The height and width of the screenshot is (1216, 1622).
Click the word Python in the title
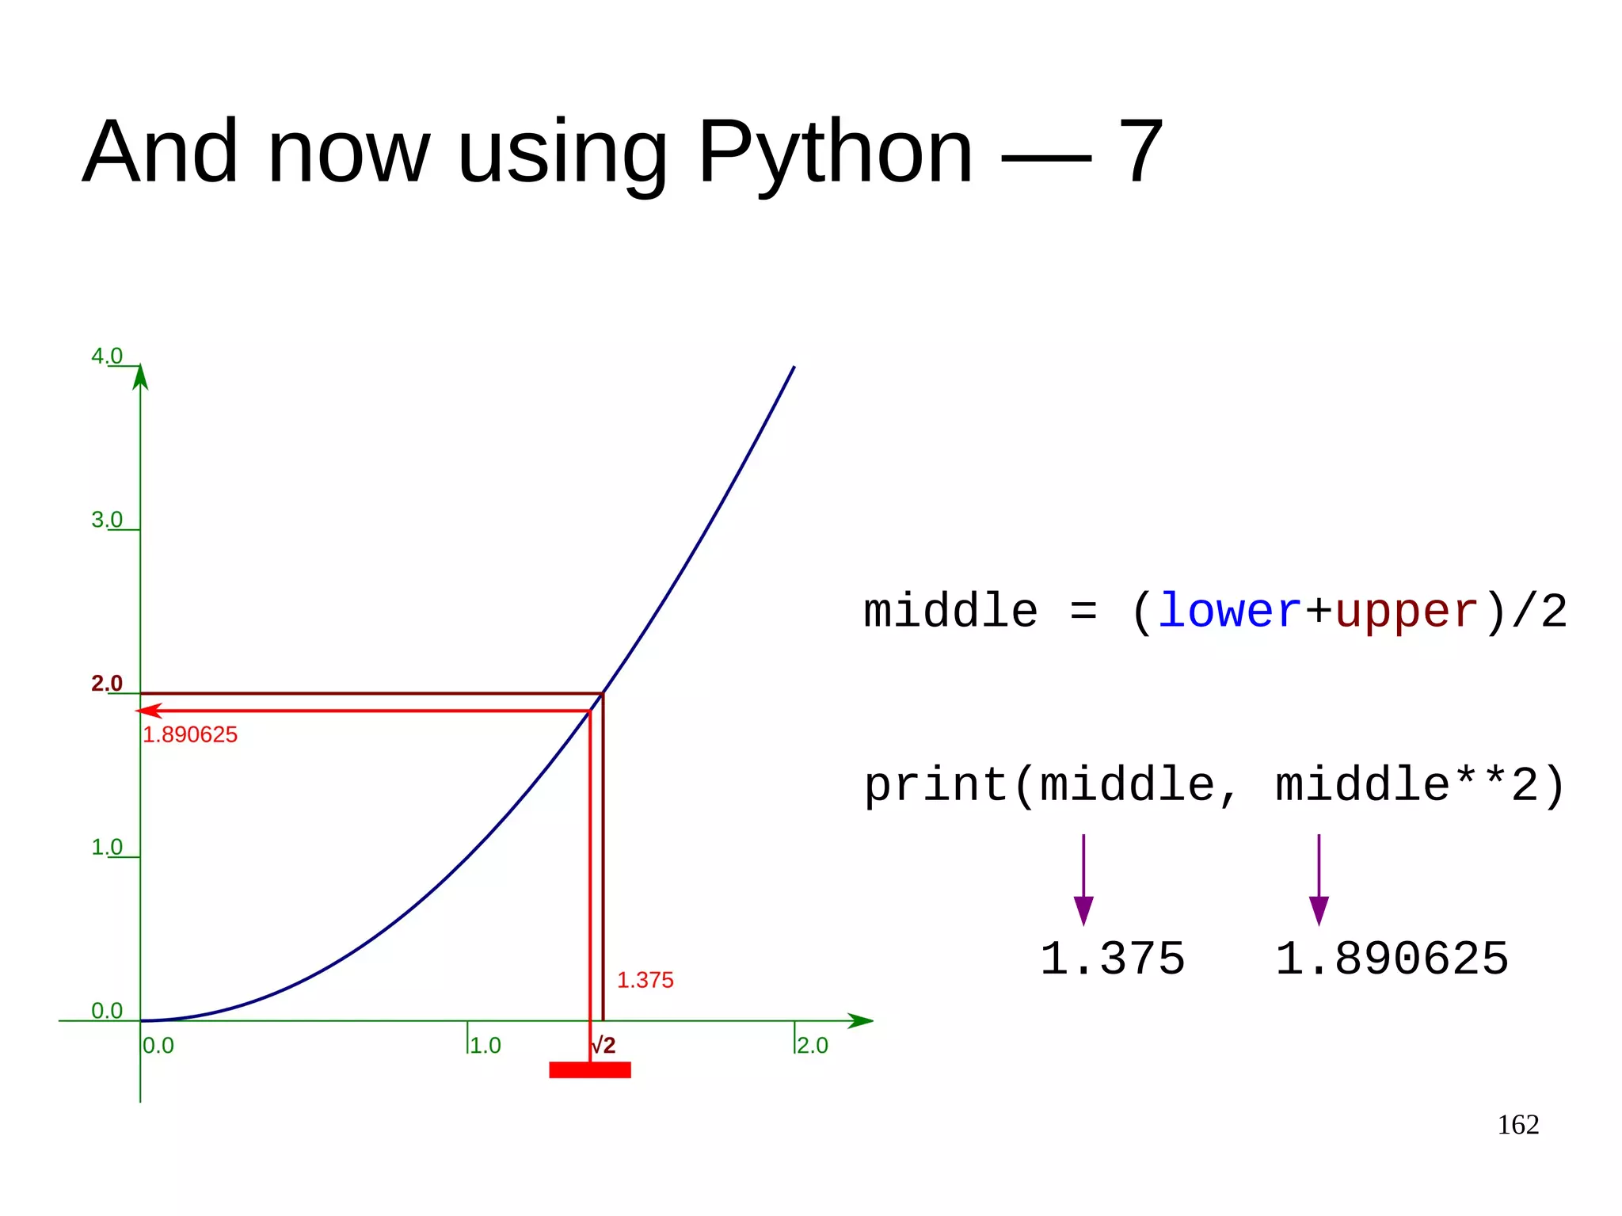tap(834, 152)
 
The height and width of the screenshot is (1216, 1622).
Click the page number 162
tap(1517, 1125)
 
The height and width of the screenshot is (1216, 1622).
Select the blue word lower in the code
tap(1229, 612)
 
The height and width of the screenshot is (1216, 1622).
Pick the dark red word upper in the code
tap(1407, 612)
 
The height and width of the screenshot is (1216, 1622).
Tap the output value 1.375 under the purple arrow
tap(1112, 959)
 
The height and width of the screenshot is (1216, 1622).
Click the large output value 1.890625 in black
tap(1392, 959)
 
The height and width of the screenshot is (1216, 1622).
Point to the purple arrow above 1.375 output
tap(1083, 879)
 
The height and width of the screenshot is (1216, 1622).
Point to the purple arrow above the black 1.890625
tap(1319, 879)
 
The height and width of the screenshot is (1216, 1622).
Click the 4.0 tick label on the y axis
tap(107, 356)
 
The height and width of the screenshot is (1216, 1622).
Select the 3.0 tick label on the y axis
tap(107, 520)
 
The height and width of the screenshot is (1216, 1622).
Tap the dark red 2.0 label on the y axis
tap(107, 683)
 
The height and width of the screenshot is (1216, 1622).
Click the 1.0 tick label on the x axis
tap(485, 1046)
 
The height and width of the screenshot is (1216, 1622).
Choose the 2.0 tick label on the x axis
tap(813, 1046)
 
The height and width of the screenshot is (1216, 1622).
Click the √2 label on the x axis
tap(603, 1046)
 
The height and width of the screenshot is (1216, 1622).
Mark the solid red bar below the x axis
tap(590, 1070)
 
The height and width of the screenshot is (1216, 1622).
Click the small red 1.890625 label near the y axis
tap(190, 734)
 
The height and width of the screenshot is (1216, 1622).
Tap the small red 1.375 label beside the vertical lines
tap(645, 980)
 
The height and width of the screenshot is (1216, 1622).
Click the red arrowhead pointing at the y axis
tap(149, 711)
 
